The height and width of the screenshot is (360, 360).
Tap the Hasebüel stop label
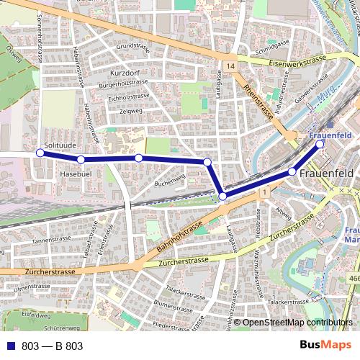pyautogui.click(x=75, y=174)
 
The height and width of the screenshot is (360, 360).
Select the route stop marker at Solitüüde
pyautogui.click(x=40, y=153)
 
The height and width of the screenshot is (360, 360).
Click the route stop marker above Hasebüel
pyautogui.click(x=81, y=159)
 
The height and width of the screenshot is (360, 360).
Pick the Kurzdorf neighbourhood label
pyautogui.click(x=125, y=73)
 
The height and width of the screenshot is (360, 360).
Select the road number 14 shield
pyautogui.click(x=229, y=66)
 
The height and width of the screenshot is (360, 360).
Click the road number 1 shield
pyautogui.click(x=265, y=192)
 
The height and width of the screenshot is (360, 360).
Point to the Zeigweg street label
pyautogui.click(x=131, y=111)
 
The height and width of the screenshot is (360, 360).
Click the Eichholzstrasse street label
pyautogui.click(x=128, y=97)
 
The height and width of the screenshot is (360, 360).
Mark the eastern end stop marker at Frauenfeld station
pyautogui.click(x=320, y=143)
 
